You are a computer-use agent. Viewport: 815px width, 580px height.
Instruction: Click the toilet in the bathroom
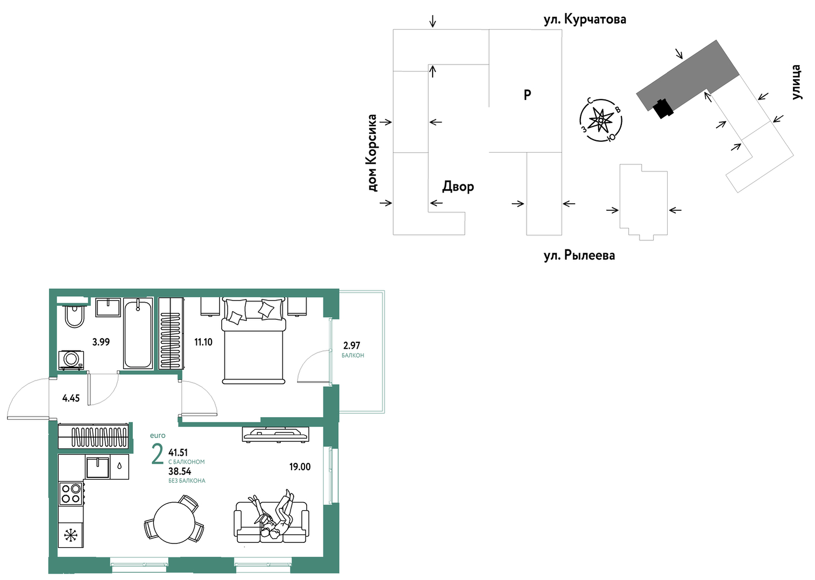74,316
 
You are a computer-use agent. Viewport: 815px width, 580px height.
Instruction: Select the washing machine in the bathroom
72,360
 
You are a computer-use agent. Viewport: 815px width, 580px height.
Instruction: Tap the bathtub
138,333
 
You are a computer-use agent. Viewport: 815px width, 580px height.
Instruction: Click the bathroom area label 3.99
101,342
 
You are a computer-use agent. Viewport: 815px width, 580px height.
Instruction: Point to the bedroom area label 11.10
203,342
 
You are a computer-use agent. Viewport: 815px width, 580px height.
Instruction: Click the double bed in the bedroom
254,341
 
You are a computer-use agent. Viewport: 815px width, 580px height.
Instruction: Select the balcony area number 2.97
352,345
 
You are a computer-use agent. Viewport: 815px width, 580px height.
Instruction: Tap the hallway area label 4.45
71,398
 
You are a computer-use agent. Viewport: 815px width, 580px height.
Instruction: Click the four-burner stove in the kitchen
71,493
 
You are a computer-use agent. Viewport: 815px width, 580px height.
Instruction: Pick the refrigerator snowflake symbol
70,535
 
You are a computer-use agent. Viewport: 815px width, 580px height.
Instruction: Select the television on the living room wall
275,434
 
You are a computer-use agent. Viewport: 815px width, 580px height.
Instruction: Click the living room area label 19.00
300,467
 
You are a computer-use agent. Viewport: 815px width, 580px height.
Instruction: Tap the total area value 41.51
178,453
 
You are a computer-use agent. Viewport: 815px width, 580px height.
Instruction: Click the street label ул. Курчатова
585,19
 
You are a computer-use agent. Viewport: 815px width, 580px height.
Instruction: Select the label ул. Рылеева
579,255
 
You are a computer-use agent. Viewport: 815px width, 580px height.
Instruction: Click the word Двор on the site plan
458,187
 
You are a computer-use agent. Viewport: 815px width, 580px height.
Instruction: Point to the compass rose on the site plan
601,120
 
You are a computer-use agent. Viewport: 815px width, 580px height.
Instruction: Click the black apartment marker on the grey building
663,109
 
